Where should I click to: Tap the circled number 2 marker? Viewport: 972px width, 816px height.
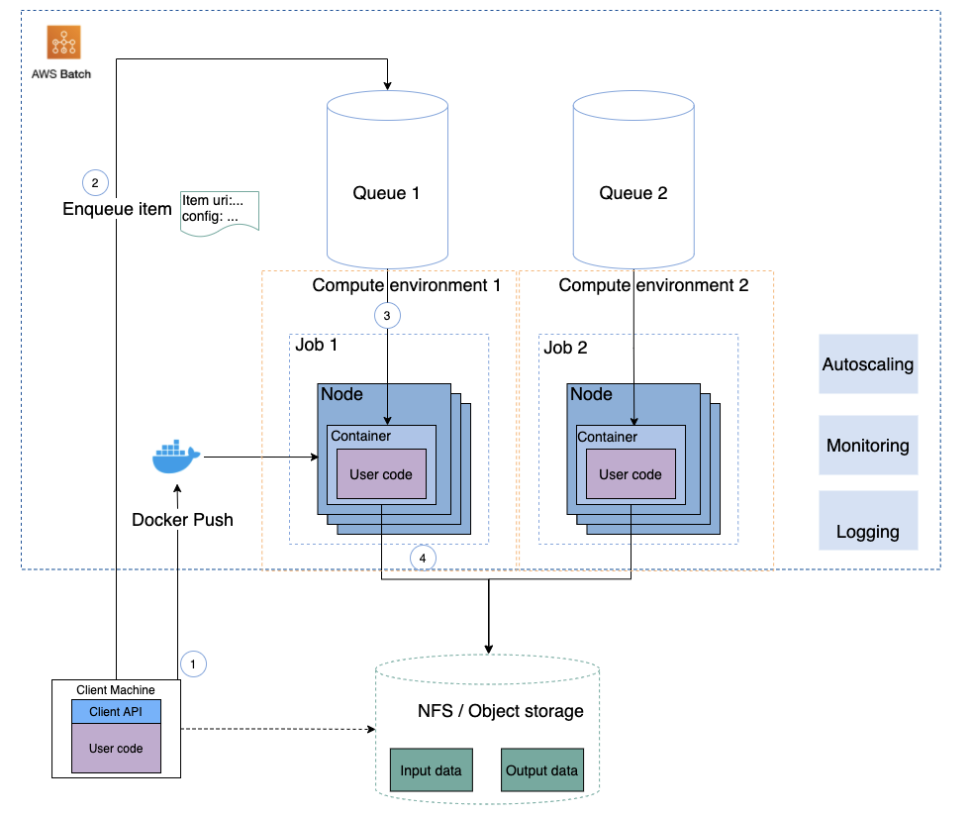point(95,182)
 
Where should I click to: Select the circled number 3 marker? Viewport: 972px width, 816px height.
point(387,316)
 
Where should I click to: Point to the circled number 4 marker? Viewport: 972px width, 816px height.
point(424,559)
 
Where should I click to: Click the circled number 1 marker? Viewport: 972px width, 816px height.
point(194,663)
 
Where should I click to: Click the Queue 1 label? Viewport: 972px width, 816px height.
point(386,193)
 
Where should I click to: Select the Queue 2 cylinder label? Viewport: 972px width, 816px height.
point(633,193)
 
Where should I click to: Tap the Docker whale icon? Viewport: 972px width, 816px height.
point(175,458)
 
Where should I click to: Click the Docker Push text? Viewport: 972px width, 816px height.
point(182,519)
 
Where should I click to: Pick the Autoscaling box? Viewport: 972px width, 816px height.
point(868,363)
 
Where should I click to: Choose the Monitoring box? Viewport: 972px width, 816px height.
point(868,445)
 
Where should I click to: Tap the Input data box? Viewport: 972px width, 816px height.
point(431,770)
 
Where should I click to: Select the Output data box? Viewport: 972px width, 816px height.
point(541,770)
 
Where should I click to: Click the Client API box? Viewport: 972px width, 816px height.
point(116,712)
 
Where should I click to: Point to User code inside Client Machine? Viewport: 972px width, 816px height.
point(116,749)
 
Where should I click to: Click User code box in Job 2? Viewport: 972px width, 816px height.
point(631,474)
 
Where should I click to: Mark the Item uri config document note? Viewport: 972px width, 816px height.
point(219,210)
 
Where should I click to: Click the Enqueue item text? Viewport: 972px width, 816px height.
point(117,209)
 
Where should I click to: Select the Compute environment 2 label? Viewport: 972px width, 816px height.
point(653,285)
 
